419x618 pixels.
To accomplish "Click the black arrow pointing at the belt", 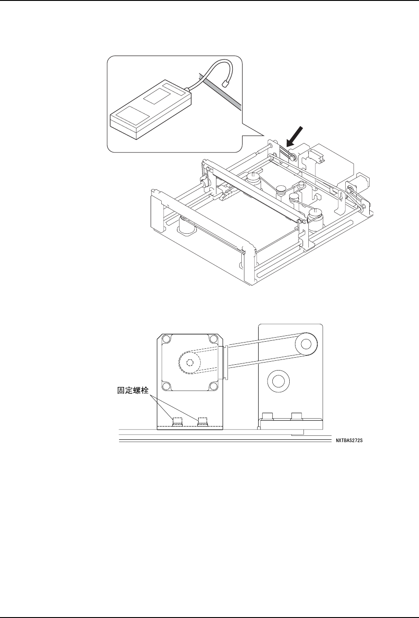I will click(x=296, y=136).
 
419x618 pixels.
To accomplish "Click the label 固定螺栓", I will click(x=133, y=392).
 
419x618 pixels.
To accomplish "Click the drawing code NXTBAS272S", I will click(x=352, y=442).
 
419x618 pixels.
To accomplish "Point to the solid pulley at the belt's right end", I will click(x=305, y=343).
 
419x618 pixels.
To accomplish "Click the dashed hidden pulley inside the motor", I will click(x=190, y=362).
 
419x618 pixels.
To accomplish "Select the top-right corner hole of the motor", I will click(x=216, y=340).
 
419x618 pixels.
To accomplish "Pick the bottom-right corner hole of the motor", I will click(x=216, y=385).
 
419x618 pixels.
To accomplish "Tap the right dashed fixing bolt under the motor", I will click(x=203, y=422).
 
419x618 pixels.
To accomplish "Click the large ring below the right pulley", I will click(x=278, y=380).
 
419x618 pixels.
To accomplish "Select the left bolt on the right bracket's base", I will click(x=267, y=416).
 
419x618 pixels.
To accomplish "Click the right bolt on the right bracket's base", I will click(x=296, y=416).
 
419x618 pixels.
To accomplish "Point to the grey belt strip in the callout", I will click(x=222, y=91).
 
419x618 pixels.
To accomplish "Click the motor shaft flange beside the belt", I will click(x=226, y=363).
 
